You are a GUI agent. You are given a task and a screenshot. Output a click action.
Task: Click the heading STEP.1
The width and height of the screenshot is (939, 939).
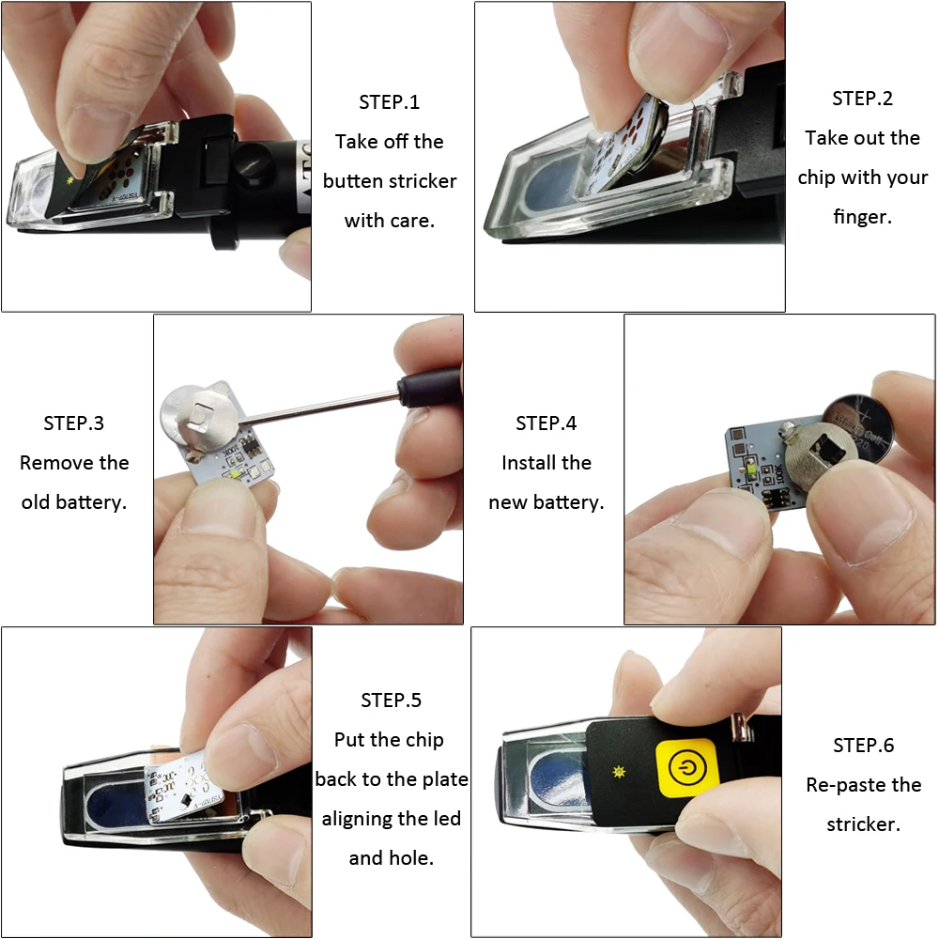tap(389, 102)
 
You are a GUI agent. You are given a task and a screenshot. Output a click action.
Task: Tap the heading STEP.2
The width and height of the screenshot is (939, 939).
tap(862, 99)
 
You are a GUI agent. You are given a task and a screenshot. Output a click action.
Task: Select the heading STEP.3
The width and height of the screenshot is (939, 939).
tap(73, 423)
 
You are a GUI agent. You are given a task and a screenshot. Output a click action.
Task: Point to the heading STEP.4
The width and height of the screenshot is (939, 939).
tap(546, 423)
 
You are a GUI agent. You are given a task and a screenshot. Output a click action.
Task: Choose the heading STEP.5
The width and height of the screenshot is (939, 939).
tap(391, 700)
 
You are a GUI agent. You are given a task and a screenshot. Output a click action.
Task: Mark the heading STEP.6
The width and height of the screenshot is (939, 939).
tap(863, 746)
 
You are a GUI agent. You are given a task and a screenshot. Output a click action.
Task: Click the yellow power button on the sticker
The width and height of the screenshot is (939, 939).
tap(689, 767)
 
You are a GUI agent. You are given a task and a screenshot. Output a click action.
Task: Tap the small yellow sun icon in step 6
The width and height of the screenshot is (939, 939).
tap(619, 771)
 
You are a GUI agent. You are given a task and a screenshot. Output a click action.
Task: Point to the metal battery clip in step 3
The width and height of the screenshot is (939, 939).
tap(204, 413)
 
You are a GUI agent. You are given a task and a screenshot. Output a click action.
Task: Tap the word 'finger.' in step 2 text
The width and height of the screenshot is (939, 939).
tap(861, 217)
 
